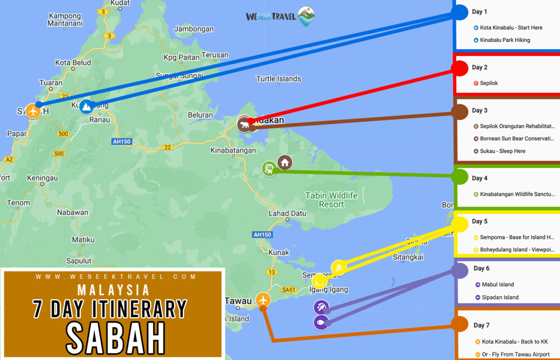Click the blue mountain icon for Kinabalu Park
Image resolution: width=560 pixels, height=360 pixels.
pyautogui.click(x=86, y=107)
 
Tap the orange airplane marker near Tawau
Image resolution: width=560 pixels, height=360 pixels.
pyautogui.click(x=263, y=299)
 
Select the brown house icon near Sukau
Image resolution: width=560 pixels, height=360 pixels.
pyautogui.click(x=285, y=162)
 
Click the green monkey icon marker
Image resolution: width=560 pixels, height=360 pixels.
pyautogui.click(x=269, y=169)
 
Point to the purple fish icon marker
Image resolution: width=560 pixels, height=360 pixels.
pyautogui.click(x=321, y=322)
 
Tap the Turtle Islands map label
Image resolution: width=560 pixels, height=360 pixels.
pyautogui.click(x=279, y=79)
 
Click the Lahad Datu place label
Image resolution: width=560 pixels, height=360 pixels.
pyautogui.click(x=287, y=213)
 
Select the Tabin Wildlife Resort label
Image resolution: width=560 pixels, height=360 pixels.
pyautogui.click(x=331, y=200)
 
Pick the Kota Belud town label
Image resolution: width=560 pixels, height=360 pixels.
pyautogui.click(x=73, y=63)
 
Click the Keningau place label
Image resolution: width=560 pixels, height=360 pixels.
pyautogui.click(x=42, y=178)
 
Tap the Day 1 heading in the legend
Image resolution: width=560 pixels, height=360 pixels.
pyautogui.click(x=479, y=12)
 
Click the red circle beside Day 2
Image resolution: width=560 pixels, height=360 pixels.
pyautogui.click(x=460, y=68)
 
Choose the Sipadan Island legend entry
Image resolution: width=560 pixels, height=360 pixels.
pyautogui.click(x=500, y=297)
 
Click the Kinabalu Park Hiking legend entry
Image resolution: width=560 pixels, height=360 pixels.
pyautogui.click(x=504, y=40)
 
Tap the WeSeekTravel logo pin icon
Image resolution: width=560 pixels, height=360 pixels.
pyautogui.click(x=306, y=16)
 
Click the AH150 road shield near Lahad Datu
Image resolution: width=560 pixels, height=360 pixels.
pyautogui.click(x=261, y=234)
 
